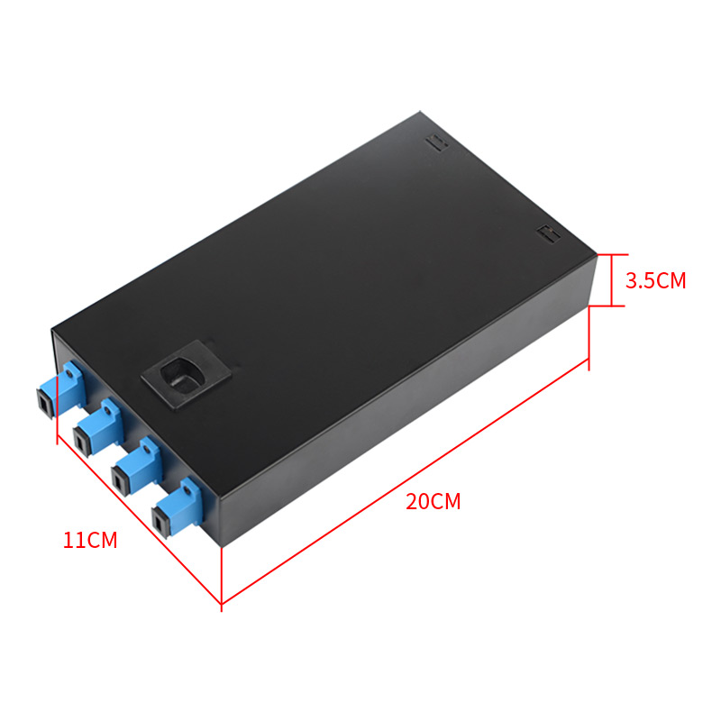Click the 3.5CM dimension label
(655, 280)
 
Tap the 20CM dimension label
(434, 501)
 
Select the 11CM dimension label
(90, 540)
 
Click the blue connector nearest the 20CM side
(178, 507)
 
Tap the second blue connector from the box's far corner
(98, 427)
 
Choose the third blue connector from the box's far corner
(137, 466)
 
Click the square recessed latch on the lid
(187, 374)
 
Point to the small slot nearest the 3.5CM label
(549, 233)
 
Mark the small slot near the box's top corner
(437, 142)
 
